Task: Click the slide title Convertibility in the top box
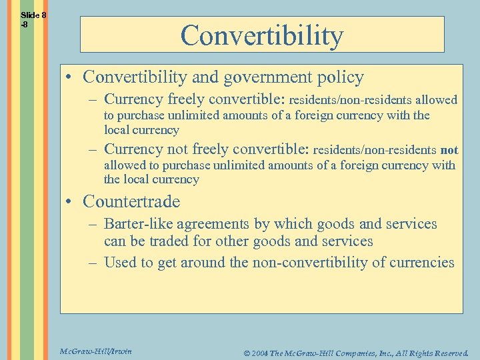(x=261, y=35)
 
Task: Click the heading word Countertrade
(x=131, y=201)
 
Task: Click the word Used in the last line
(x=120, y=263)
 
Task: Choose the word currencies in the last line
(x=421, y=263)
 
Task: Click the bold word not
(x=449, y=150)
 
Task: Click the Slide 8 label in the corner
(x=33, y=15)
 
